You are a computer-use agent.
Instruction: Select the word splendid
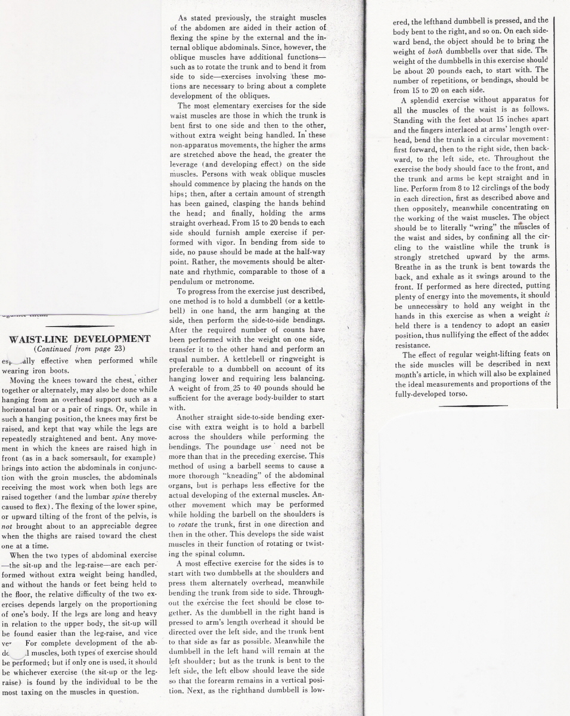432,100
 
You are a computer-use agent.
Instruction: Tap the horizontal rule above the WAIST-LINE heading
80,326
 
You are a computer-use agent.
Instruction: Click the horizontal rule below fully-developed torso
473,406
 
